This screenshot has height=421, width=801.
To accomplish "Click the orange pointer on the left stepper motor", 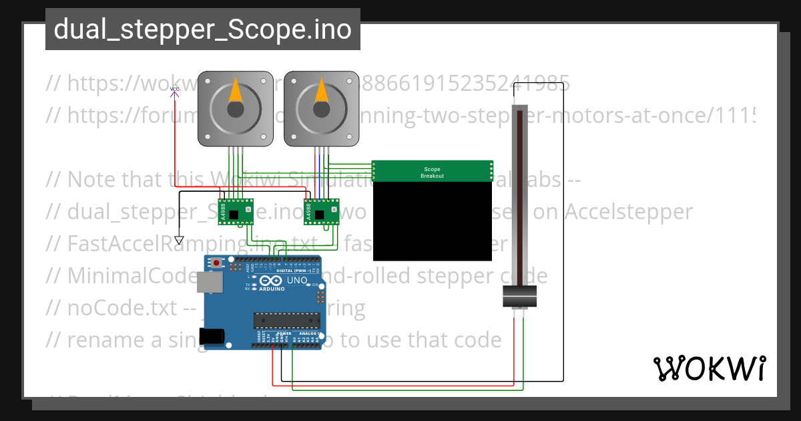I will [x=236, y=91].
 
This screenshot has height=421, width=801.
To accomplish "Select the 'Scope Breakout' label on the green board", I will [x=432, y=172].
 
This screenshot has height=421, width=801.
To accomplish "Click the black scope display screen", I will [x=432, y=221].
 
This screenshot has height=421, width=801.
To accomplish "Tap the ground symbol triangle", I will [x=179, y=240].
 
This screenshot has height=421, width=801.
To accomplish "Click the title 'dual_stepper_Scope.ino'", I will [x=202, y=29].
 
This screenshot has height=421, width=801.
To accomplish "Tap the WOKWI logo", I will [x=709, y=368].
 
